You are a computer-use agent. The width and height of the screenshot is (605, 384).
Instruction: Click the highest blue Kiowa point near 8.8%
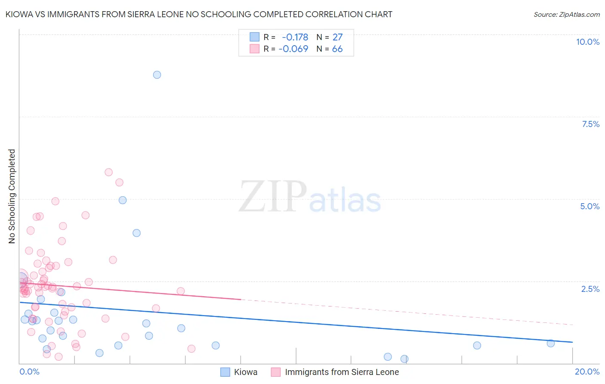click(x=157, y=75)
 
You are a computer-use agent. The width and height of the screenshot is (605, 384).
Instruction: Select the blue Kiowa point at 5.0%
click(x=123, y=200)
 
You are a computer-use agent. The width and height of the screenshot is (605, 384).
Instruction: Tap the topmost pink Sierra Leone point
click(x=108, y=172)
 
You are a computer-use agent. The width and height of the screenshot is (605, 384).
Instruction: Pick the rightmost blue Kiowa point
click(x=550, y=343)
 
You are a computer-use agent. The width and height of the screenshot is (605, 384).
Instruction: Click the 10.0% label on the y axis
click(x=587, y=42)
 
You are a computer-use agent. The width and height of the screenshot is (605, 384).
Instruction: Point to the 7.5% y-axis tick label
click(x=590, y=124)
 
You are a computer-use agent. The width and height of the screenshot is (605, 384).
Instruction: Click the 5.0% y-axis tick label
click(x=590, y=206)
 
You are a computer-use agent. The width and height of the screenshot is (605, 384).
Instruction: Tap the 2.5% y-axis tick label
click(x=590, y=289)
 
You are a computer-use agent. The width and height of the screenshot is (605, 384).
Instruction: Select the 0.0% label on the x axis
click(x=29, y=372)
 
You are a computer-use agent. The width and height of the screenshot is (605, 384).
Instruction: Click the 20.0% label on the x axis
click(x=587, y=372)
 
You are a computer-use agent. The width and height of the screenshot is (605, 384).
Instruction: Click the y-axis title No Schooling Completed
click(x=12, y=196)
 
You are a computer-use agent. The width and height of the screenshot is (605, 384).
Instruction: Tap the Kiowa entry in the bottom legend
click(x=245, y=372)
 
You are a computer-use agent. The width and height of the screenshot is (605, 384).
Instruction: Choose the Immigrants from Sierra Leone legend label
click(x=342, y=372)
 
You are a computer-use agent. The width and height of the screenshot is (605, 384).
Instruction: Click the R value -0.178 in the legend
click(x=295, y=37)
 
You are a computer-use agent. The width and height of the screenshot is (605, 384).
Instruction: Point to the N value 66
click(x=337, y=49)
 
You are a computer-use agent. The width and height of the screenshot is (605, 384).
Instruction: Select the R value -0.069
click(x=293, y=49)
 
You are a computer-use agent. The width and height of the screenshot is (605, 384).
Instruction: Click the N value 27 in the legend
click(x=337, y=37)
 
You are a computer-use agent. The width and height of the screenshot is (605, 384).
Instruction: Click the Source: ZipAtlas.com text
click(x=566, y=15)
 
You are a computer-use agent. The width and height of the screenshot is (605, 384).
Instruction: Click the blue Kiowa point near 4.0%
click(x=136, y=233)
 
